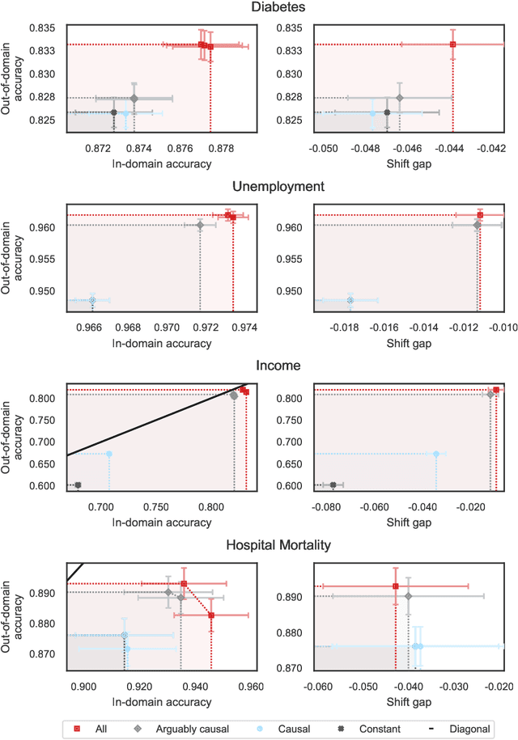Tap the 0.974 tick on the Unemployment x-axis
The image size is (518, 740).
(x=244, y=328)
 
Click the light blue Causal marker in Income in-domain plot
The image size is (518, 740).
(x=108, y=454)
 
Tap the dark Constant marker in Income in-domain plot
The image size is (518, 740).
(x=78, y=485)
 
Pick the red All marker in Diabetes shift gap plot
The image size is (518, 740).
(x=453, y=44)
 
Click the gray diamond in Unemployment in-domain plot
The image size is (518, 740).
(x=200, y=225)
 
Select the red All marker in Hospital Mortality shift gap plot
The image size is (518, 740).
(x=395, y=586)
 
